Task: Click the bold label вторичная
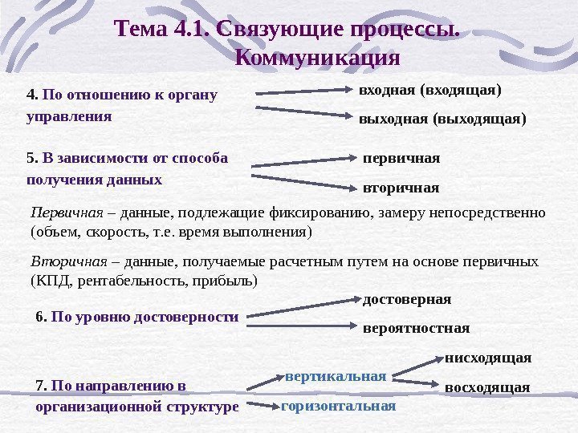point(401,188)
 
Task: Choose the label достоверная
point(407,299)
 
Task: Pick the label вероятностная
point(416,329)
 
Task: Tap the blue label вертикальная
point(336,375)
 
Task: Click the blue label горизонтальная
point(338,406)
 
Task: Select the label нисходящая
point(487,357)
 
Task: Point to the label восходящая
point(486,387)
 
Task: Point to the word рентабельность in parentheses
point(123,281)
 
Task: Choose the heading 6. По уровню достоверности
point(137,317)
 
